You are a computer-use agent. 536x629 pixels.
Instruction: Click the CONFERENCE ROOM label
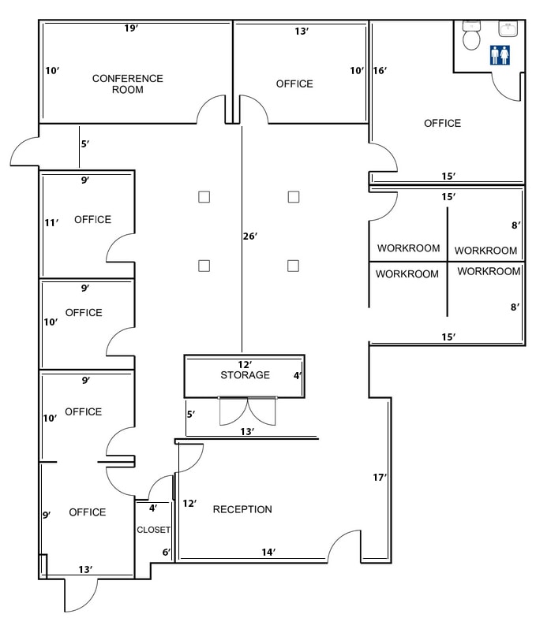pyautogui.click(x=127, y=84)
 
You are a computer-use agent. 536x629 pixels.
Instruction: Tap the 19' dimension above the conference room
pyautogui.click(x=131, y=28)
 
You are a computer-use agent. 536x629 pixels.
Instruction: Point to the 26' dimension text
pyautogui.click(x=251, y=236)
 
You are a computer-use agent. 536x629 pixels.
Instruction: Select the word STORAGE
pyautogui.click(x=245, y=375)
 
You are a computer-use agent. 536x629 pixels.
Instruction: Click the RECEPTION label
pyautogui.click(x=242, y=510)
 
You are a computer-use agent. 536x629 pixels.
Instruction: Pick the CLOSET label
pyautogui.click(x=153, y=530)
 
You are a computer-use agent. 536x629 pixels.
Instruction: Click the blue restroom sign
pyautogui.click(x=500, y=55)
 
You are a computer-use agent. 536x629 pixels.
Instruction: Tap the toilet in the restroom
pyautogui.click(x=472, y=35)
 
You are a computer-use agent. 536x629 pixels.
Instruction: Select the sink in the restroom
pyautogui.click(x=507, y=30)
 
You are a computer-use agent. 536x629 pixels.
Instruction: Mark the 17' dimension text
pyautogui.click(x=380, y=477)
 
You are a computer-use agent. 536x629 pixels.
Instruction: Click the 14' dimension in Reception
pyautogui.click(x=268, y=553)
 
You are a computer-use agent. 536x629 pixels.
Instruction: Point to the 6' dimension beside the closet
pyautogui.click(x=167, y=553)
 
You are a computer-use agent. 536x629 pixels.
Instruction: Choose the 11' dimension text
pyautogui.click(x=51, y=223)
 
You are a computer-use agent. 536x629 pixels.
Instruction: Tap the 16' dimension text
pyautogui.click(x=379, y=71)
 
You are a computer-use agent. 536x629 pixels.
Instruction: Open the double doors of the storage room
pyautogui.click(x=248, y=410)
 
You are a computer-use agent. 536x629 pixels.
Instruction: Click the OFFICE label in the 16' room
pyautogui.click(x=442, y=124)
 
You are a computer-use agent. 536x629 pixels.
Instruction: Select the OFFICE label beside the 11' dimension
pyautogui.click(x=92, y=220)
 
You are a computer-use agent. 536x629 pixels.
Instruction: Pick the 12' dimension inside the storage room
pyautogui.click(x=245, y=364)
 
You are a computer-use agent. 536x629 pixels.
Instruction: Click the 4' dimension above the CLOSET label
pyautogui.click(x=152, y=508)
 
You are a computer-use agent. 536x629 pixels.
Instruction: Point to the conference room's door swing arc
pyautogui.click(x=211, y=109)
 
